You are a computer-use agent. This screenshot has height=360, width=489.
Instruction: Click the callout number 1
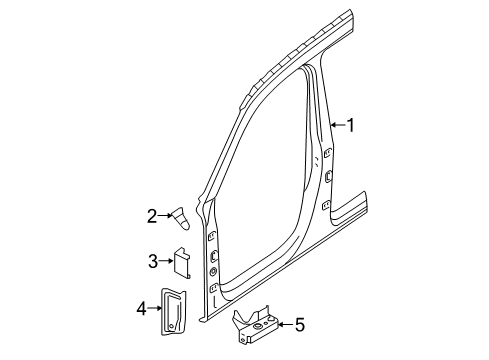(x=350, y=126)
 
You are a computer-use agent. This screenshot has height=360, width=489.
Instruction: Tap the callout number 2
(x=152, y=216)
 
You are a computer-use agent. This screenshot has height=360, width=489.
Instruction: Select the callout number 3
(x=153, y=261)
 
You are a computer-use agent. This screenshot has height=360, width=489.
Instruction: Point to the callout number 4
(x=141, y=308)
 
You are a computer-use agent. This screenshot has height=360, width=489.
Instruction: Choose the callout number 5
(x=300, y=324)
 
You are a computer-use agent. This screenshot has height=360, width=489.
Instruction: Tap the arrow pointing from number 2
(x=165, y=216)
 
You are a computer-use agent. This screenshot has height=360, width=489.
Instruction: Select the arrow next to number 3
(x=166, y=261)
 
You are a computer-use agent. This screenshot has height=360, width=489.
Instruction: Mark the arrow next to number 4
(x=155, y=308)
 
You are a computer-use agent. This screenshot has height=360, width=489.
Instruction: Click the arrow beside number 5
(x=285, y=324)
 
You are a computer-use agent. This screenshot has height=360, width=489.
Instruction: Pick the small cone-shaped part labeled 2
(x=181, y=218)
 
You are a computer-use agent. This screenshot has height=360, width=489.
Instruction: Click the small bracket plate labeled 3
(x=182, y=262)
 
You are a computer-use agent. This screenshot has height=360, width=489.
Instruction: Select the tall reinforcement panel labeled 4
(x=174, y=311)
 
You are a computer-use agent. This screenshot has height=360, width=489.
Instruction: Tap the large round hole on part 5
(x=257, y=327)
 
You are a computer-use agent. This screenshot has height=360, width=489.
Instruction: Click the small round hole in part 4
(x=171, y=326)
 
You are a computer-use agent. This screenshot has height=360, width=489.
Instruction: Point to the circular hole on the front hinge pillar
(x=213, y=272)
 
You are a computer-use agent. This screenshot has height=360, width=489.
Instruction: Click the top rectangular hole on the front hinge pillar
(x=211, y=236)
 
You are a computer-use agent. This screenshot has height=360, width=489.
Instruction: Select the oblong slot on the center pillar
(x=328, y=176)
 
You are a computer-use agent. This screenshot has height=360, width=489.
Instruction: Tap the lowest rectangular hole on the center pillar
(x=326, y=205)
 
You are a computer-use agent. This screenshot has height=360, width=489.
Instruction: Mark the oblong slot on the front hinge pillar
(x=213, y=256)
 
